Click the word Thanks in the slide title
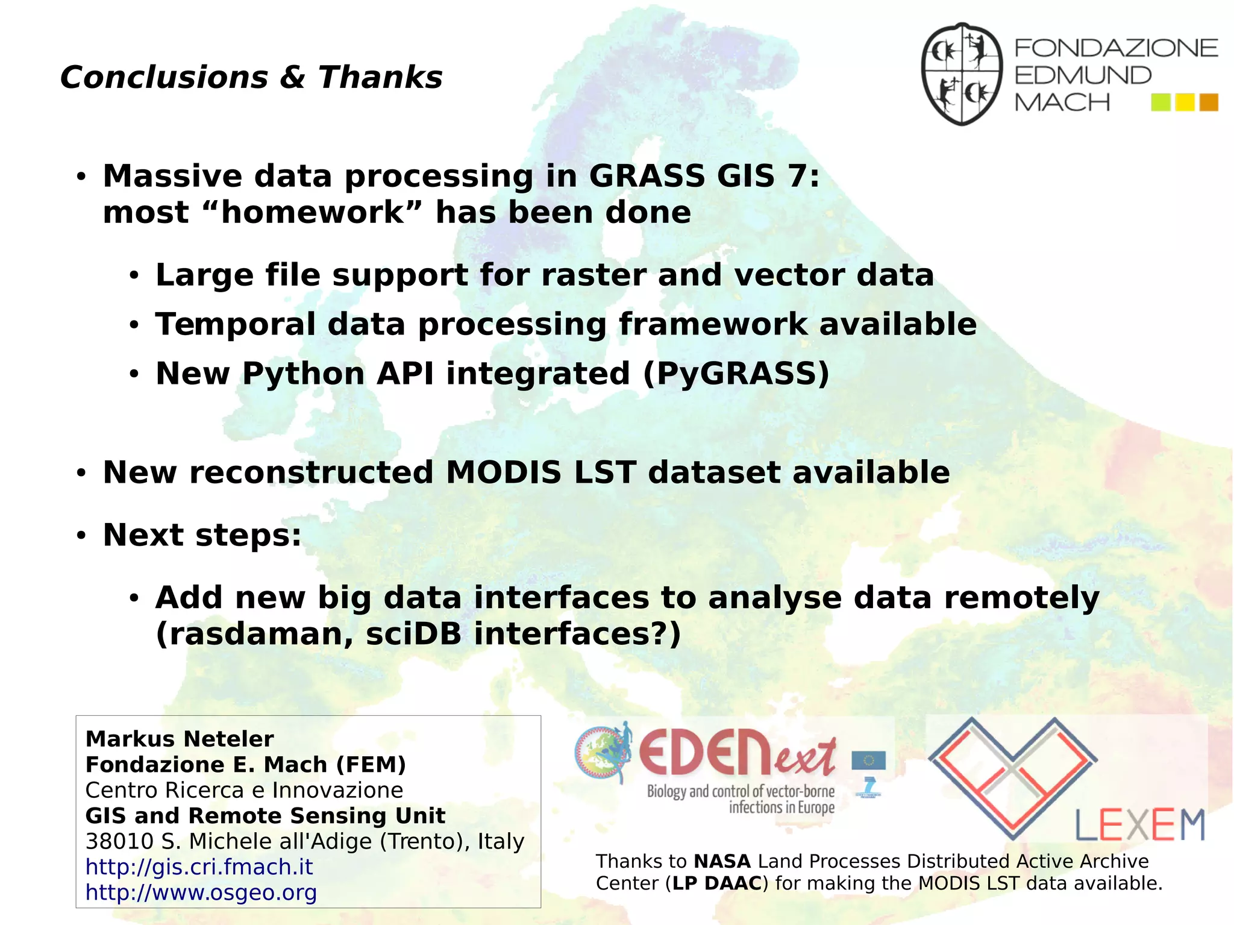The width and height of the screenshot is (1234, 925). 380,78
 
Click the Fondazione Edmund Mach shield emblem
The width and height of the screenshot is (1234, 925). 962,74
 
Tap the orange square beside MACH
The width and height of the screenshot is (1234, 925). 1208,102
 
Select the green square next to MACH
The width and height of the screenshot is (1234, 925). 1160,102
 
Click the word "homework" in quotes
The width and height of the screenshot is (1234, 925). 313,212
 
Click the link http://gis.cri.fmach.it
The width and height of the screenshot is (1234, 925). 199,867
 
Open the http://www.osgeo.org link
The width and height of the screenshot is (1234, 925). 201,892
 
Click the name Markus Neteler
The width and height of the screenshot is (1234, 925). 180,739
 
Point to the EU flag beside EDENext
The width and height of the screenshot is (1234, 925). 868,761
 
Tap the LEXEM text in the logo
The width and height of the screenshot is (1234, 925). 1139,826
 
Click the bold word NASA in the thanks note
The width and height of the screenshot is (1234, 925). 722,861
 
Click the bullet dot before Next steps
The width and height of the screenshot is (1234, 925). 81,535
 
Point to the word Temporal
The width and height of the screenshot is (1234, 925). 236,324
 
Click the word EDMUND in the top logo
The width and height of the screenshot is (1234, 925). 1083,76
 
